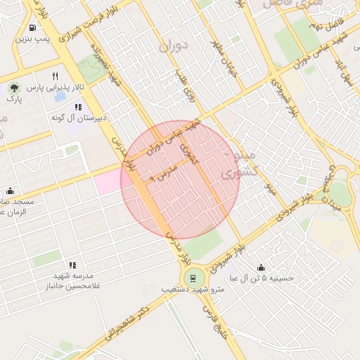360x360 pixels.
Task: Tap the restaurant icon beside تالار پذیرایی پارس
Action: pos(56,76)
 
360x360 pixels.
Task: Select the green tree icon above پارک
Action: pos(14,88)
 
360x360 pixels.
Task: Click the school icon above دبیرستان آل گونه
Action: pos(78,107)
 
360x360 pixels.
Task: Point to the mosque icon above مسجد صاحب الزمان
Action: pos(10,191)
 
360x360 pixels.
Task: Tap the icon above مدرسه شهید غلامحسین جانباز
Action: pos(72,266)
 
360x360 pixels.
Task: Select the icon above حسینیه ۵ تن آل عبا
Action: pos(262,267)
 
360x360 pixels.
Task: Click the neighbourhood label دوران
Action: pos(174,48)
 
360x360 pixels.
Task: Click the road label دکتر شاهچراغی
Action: pos(124,324)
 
